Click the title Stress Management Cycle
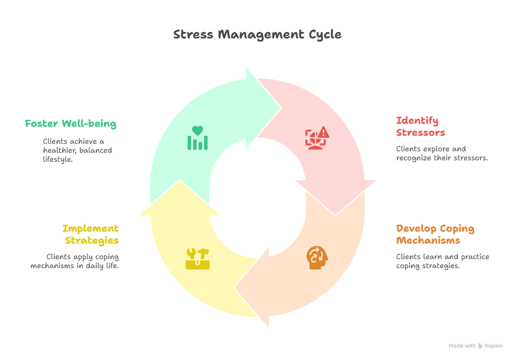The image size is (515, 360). tap(257, 34)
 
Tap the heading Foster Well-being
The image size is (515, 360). tap(71, 124)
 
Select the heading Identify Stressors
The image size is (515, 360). tap(420, 126)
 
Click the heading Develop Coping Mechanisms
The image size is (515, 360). tap(435, 234)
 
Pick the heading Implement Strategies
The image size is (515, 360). tap(91, 234)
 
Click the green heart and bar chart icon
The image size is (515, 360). tap(198, 138)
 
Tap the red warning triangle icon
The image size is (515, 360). tap(317, 138)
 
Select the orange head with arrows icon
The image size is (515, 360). tap(317, 258)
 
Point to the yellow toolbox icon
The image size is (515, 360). tap(198, 259)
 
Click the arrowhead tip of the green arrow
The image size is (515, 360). tap(281, 107)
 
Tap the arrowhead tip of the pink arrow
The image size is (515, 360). tap(335, 215)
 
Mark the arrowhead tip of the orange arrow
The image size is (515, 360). tap(234, 288)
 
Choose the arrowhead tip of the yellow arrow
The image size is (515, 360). tap(180, 180)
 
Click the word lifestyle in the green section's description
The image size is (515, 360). tap(58, 159)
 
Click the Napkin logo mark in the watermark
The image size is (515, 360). tap(480, 346)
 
